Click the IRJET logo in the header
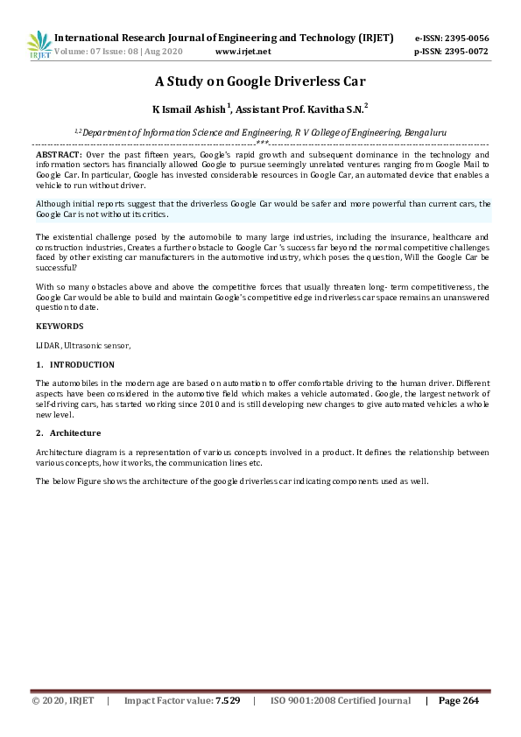[39, 45]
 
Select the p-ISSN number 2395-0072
[466, 52]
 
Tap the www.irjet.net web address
[243, 52]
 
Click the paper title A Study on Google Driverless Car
[260, 82]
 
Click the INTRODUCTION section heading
[81, 364]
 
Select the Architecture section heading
[74, 433]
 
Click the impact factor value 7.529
[227, 701]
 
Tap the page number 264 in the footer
[468, 701]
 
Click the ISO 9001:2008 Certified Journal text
[341, 701]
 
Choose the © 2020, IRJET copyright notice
[61, 701]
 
